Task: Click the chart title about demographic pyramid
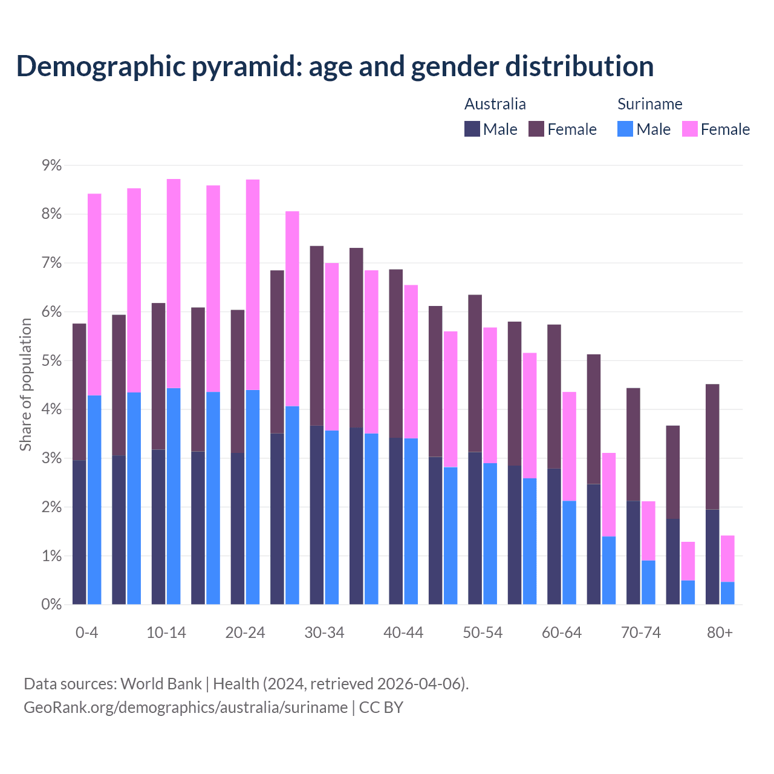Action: coord(335,66)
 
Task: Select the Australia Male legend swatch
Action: coord(472,129)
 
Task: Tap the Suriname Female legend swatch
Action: coord(689,129)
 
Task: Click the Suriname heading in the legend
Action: coord(649,104)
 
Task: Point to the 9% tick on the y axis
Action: coord(51,165)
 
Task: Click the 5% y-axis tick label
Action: coord(51,360)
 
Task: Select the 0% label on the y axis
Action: coord(51,604)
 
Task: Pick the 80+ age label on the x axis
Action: coord(720,633)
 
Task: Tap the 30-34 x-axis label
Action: coord(324,633)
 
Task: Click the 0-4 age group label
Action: coord(86,633)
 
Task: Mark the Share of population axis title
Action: coord(25,385)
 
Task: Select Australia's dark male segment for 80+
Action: coord(712,557)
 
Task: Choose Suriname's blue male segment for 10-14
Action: coord(174,496)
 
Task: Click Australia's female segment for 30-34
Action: coord(317,336)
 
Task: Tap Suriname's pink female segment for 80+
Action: coord(727,559)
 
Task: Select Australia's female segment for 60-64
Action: coord(554,397)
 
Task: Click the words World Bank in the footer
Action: coord(161,684)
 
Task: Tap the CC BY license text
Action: coord(381,707)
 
